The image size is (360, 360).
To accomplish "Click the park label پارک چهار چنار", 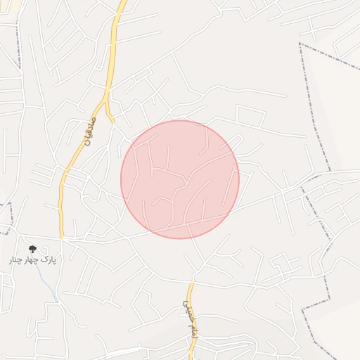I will click(32, 259).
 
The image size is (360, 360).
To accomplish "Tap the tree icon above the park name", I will click(32, 249).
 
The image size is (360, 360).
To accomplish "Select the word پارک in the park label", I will click(47, 259).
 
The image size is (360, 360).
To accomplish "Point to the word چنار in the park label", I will click(15, 259).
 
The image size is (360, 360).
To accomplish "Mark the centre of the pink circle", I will click(180, 179).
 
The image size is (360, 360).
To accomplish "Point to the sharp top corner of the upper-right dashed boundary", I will click(300, 44).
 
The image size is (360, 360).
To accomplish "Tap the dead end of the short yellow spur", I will click(114, 120).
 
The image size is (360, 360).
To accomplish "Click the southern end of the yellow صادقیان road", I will click(62, 237).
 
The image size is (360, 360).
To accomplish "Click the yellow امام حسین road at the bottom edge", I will click(191, 357).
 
